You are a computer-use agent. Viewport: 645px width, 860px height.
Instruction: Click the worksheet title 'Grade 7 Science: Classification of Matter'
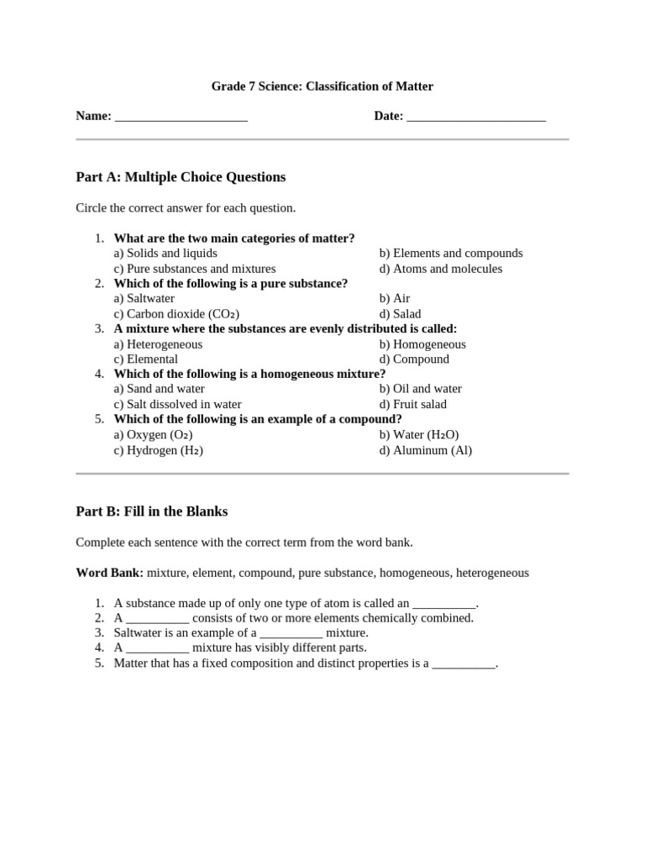322,86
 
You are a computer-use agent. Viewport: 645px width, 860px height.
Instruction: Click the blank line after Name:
181,117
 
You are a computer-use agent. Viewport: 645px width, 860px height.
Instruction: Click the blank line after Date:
475,117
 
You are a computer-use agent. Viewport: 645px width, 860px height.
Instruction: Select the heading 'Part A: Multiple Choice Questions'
181,177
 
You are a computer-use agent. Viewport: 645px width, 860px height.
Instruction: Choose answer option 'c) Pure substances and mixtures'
195,269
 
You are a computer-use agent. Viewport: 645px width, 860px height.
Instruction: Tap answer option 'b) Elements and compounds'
450,253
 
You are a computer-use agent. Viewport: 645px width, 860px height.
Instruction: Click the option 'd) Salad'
400,314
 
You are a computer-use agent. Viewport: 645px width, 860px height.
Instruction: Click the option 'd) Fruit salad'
413,404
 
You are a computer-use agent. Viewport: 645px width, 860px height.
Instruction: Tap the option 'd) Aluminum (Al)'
425,450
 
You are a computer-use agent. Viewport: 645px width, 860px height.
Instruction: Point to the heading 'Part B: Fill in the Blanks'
151,511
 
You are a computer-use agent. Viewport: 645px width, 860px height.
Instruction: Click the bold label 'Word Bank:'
109,573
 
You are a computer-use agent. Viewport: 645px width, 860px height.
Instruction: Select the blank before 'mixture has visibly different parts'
158,648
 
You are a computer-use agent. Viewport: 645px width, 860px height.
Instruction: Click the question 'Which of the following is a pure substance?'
230,284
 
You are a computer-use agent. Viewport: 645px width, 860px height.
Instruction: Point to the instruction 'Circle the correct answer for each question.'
186,207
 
